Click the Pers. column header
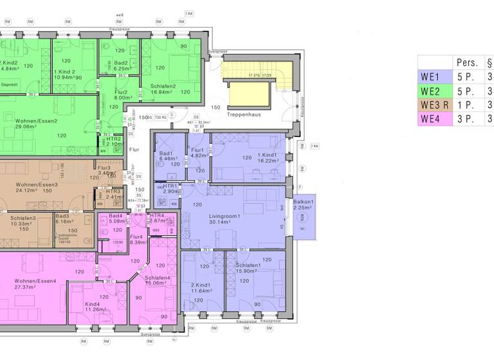tap(467, 62)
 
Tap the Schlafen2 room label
tap(164, 86)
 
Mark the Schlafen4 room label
tap(158, 278)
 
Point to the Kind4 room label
tap(92, 303)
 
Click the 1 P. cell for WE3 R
tap(466, 105)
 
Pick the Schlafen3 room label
tap(23, 218)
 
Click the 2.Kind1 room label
tap(202, 285)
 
